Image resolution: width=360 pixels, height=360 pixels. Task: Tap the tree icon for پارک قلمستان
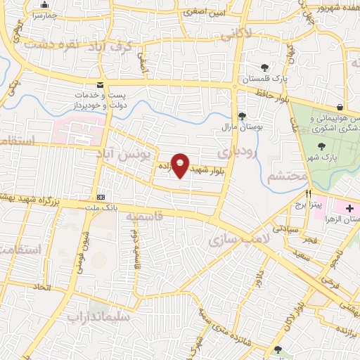(264, 67)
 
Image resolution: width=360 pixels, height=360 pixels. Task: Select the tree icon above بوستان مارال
(242, 116)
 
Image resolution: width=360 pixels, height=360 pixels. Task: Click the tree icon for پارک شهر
(321, 146)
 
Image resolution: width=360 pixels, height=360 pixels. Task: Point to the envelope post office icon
(101, 83)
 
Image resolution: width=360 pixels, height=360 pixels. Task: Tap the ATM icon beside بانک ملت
(101, 197)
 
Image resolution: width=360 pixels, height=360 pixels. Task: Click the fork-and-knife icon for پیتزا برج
(308, 193)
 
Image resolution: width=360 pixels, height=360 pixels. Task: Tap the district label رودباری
(233, 150)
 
